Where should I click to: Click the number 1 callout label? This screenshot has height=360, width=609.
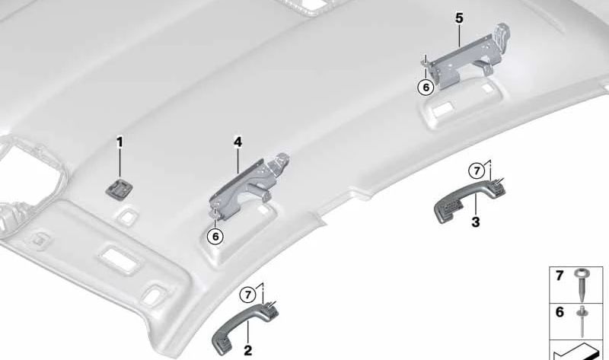[x=120, y=142]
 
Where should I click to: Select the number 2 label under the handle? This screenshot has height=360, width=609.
[x=248, y=351]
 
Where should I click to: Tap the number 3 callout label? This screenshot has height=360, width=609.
[x=476, y=222]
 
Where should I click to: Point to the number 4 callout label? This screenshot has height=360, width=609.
[x=238, y=142]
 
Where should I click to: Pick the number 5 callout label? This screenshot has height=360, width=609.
[x=460, y=18]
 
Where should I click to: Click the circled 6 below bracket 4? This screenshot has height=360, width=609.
[x=215, y=236]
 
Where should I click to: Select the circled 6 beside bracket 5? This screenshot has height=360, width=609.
[x=426, y=88]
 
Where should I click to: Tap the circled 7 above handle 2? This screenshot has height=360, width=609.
[x=248, y=295]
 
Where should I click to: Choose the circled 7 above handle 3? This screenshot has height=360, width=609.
[x=477, y=170]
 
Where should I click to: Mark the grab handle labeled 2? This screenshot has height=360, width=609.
[x=244, y=325]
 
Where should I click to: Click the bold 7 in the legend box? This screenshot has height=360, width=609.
[x=560, y=276]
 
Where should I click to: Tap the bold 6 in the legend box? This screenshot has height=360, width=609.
[x=560, y=312]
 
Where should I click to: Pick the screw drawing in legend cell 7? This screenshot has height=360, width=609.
[x=581, y=285]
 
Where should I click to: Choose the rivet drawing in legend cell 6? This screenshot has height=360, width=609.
[x=582, y=321]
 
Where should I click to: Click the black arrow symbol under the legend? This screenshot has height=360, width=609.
[x=574, y=352]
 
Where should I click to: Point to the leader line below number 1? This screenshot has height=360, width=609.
[x=120, y=164]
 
